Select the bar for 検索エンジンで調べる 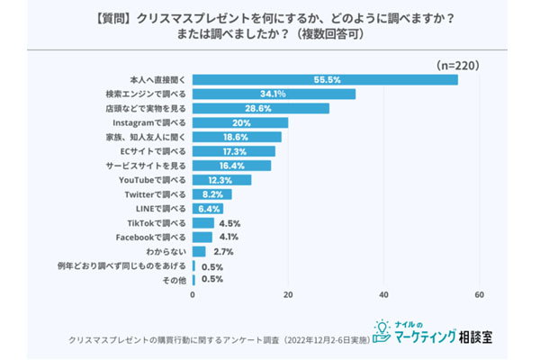(x=274, y=94)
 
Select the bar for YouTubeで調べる (x=221, y=180)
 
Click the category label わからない (x=166, y=251)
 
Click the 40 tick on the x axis (x=384, y=295)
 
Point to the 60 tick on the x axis (x=480, y=295)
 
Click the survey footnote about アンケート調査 (x=216, y=340)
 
